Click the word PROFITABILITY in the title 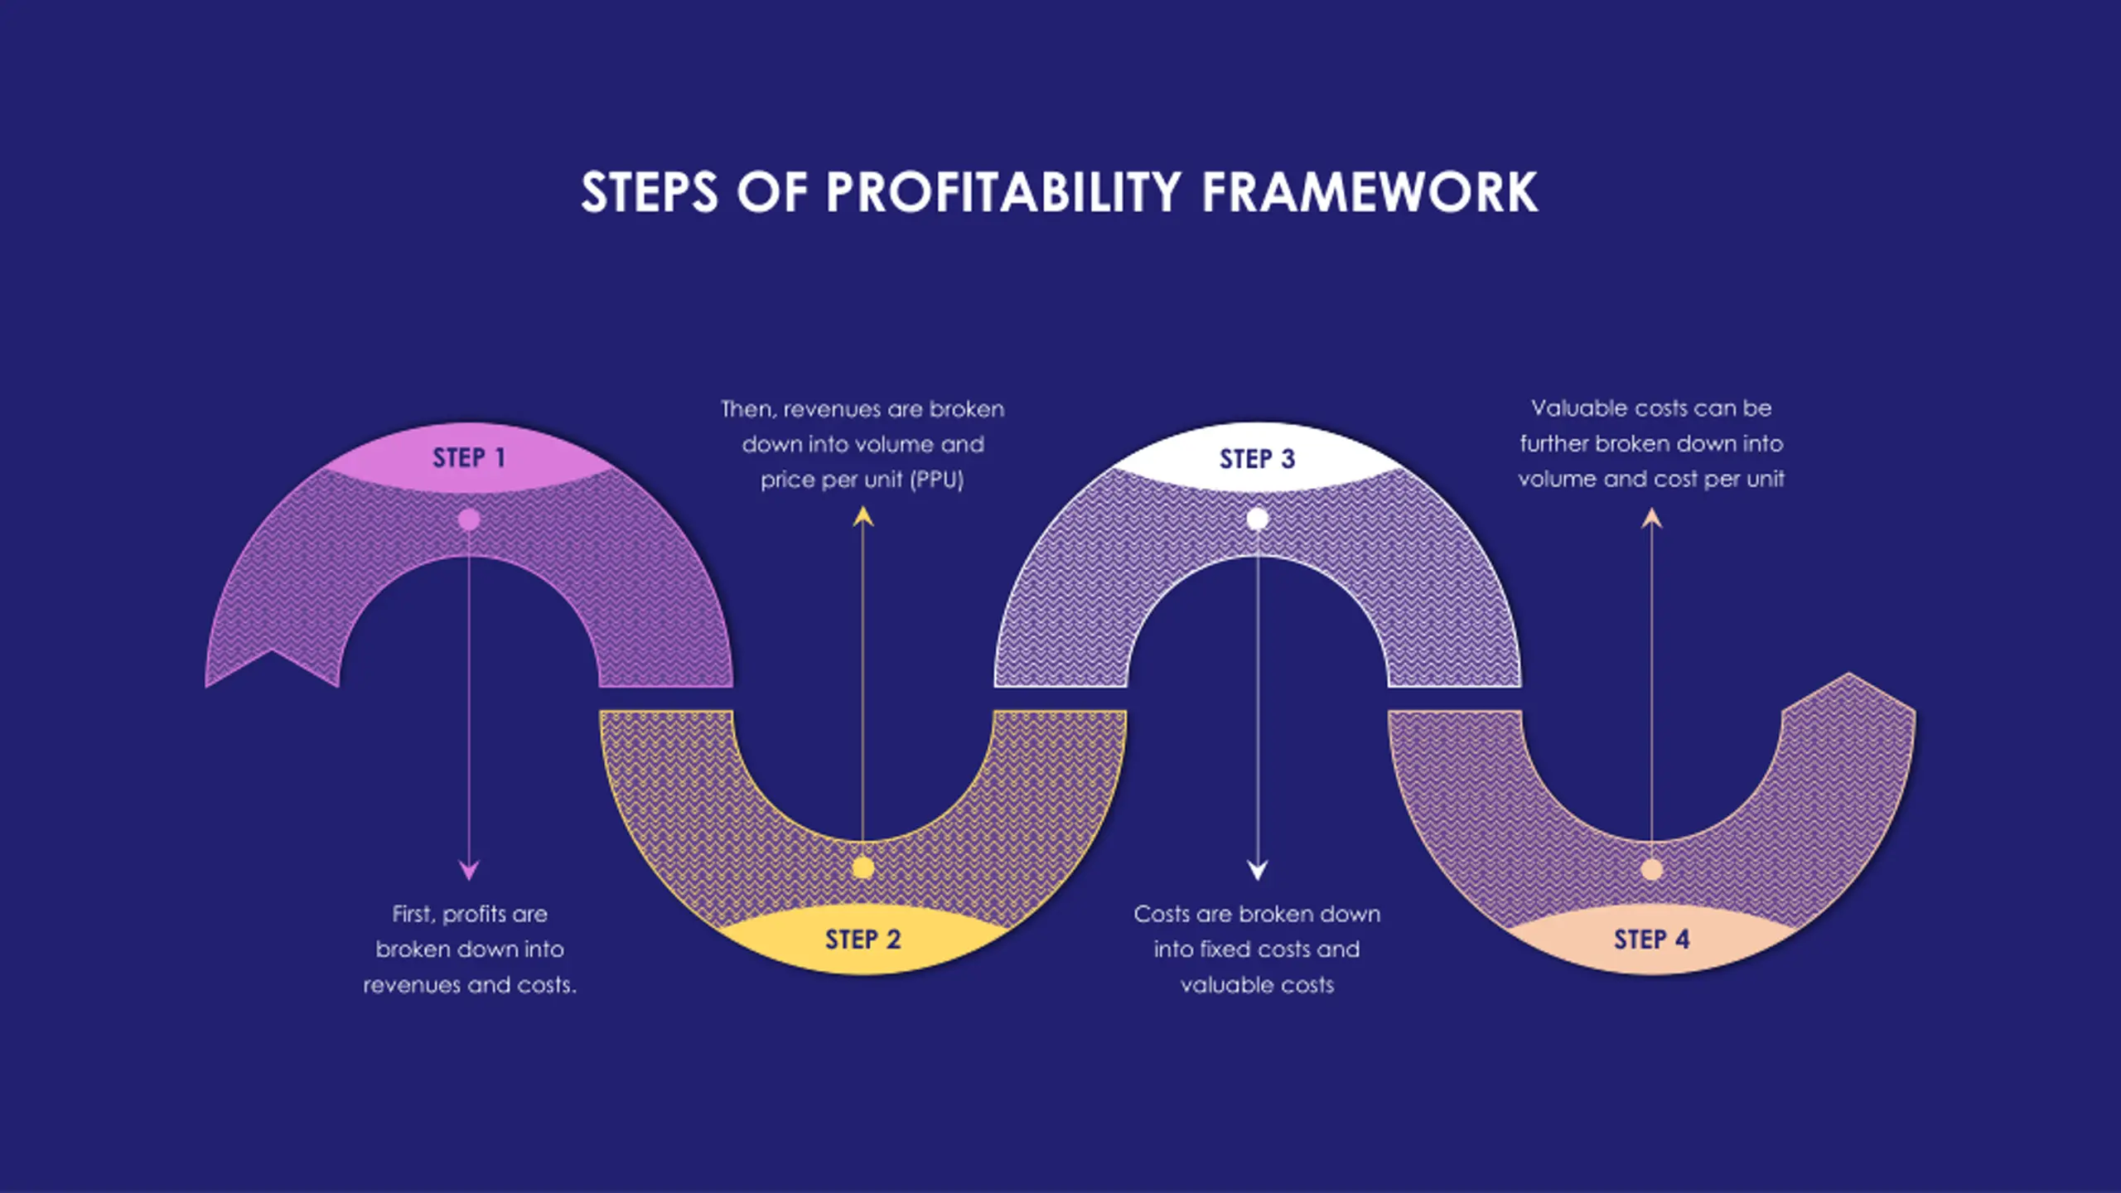(x=1003, y=192)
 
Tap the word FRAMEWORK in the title (x=1370, y=192)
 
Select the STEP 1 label (x=469, y=458)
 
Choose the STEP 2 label (x=862, y=939)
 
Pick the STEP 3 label (x=1257, y=459)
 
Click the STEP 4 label (x=1651, y=939)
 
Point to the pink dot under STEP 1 (x=469, y=519)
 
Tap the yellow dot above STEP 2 (x=862, y=868)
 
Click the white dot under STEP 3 (x=1257, y=519)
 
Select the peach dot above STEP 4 (x=1651, y=870)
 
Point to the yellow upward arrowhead (x=863, y=517)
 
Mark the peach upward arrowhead (x=1651, y=519)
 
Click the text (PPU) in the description (x=937, y=481)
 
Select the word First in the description (x=412, y=914)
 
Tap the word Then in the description (x=747, y=409)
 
